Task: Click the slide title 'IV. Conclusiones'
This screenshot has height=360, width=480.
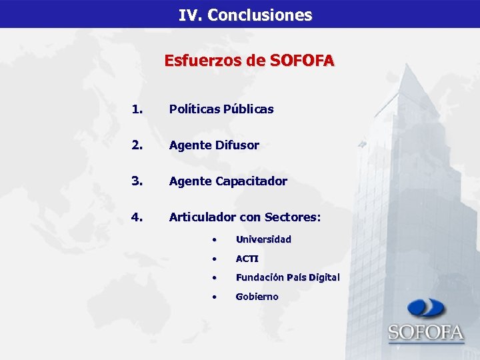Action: tap(245, 15)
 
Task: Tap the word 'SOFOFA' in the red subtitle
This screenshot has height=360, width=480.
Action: tap(302, 61)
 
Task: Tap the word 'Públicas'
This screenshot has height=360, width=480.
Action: tap(249, 109)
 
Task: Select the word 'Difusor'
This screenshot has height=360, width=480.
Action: tap(237, 145)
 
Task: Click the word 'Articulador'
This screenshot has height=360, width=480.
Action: tap(203, 217)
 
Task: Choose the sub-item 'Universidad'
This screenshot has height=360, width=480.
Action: tap(263, 239)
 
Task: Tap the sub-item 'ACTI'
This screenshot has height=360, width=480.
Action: tap(247, 258)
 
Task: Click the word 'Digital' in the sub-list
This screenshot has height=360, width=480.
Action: tap(323, 277)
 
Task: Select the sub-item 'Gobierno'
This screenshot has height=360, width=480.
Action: tap(257, 297)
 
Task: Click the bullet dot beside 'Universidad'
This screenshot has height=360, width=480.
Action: tap(214, 239)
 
